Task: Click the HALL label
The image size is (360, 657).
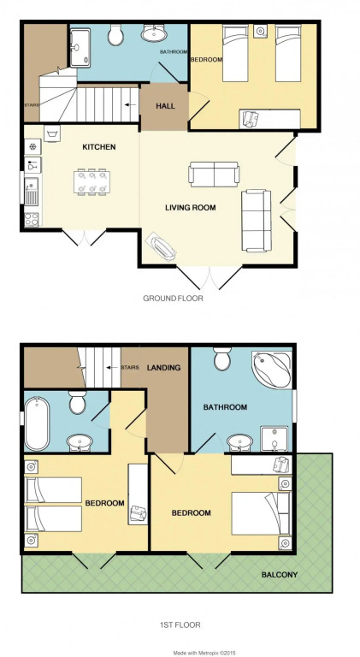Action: [x=165, y=106]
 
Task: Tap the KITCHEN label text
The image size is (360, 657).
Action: [x=99, y=147]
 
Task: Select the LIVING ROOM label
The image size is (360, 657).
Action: [x=191, y=207]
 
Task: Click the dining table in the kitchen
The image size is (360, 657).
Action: [x=92, y=182]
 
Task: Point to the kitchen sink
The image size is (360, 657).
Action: [x=32, y=191]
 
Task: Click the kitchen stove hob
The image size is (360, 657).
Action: [x=32, y=220]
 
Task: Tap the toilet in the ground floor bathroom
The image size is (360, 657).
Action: [x=115, y=35]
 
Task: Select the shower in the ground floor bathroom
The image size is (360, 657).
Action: [x=80, y=47]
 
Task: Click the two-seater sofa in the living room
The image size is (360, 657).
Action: [x=214, y=174]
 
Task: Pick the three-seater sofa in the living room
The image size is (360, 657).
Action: [x=257, y=221]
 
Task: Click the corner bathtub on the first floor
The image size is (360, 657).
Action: [x=272, y=370]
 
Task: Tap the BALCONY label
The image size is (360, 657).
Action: [x=280, y=575]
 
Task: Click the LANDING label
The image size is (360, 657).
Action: [x=163, y=368]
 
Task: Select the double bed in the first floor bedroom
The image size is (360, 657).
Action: [x=260, y=513]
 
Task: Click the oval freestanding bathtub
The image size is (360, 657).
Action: [x=37, y=423]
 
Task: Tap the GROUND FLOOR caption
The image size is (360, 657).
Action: [x=173, y=299]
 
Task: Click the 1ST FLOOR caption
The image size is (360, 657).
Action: [x=180, y=624]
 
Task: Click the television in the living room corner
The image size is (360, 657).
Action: [x=161, y=248]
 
